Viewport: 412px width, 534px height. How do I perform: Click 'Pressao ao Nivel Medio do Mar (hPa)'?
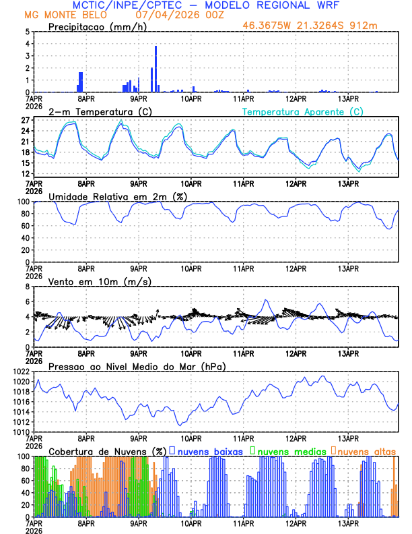pos(137,366)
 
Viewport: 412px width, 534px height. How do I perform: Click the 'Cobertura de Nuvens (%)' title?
pos(107,450)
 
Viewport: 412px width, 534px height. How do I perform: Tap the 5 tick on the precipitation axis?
pos(27,32)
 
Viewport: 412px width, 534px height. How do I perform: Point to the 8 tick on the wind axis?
pos(27,287)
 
